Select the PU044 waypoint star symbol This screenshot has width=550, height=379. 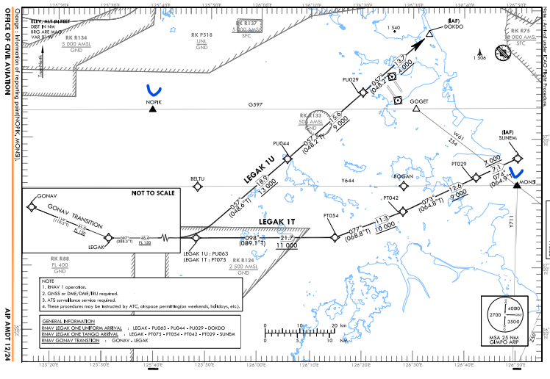287,159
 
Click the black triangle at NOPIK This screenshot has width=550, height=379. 153,109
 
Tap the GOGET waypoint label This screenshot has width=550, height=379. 419,101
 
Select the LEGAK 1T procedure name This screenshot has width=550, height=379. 277,221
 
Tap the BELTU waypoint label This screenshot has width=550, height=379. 197,178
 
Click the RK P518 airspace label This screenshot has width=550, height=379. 201,35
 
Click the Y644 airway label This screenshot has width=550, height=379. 347,180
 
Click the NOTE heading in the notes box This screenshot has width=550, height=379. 49,281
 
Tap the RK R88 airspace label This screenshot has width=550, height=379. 60,258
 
